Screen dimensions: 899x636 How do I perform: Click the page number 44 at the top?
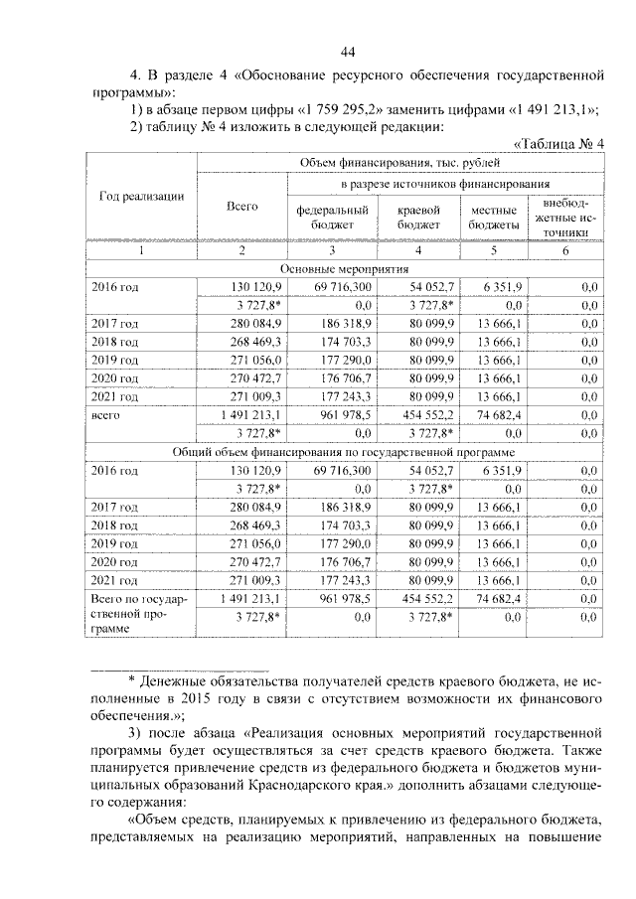point(347,53)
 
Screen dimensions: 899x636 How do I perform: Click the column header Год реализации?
point(141,197)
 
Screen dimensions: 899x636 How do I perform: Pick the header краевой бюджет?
point(418,219)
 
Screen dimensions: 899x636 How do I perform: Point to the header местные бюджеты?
point(492,219)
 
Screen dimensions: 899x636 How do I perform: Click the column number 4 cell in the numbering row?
point(418,250)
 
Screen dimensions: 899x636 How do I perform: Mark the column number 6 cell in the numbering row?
point(565,250)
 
